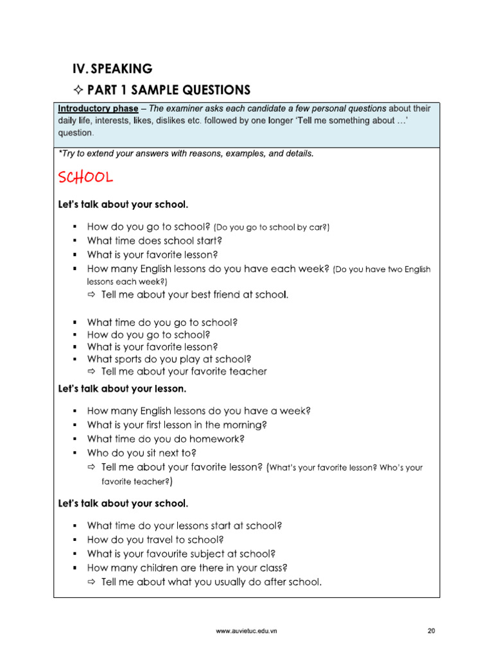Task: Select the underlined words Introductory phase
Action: [x=98, y=108]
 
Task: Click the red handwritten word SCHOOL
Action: [x=85, y=176]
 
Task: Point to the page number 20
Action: [x=431, y=631]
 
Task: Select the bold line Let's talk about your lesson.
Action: [x=122, y=389]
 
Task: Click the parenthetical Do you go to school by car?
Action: [x=272, y=228]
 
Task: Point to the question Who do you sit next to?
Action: [x=141, y=454]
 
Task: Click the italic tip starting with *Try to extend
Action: [x=186, y=154]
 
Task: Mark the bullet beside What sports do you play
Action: [x=75, y=359]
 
